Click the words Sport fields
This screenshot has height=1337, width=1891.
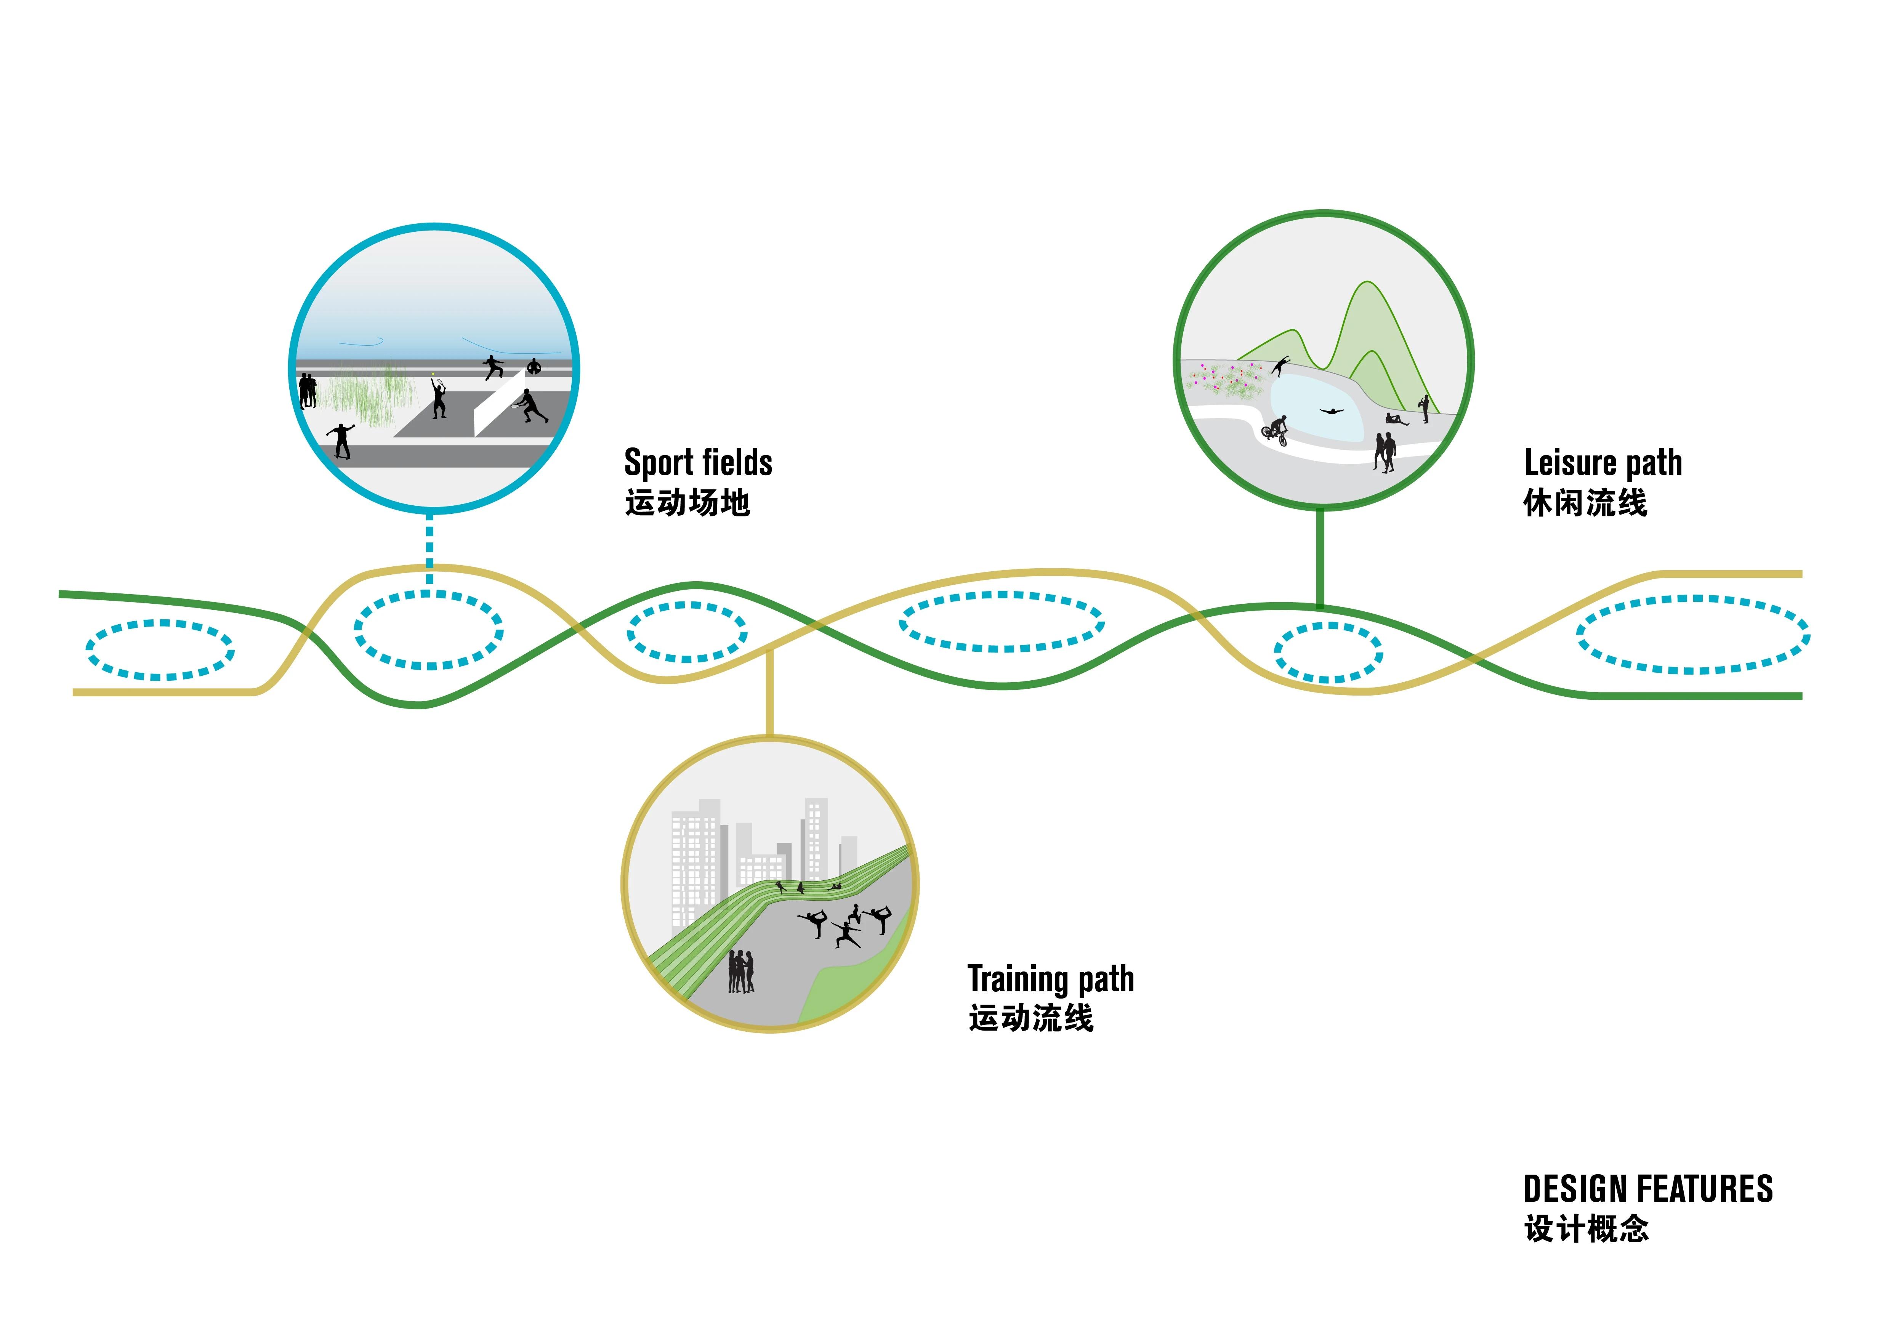697,463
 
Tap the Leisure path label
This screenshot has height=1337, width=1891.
1602,463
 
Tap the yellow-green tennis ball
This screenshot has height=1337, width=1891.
433,373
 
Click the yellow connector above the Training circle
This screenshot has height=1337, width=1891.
769,692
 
